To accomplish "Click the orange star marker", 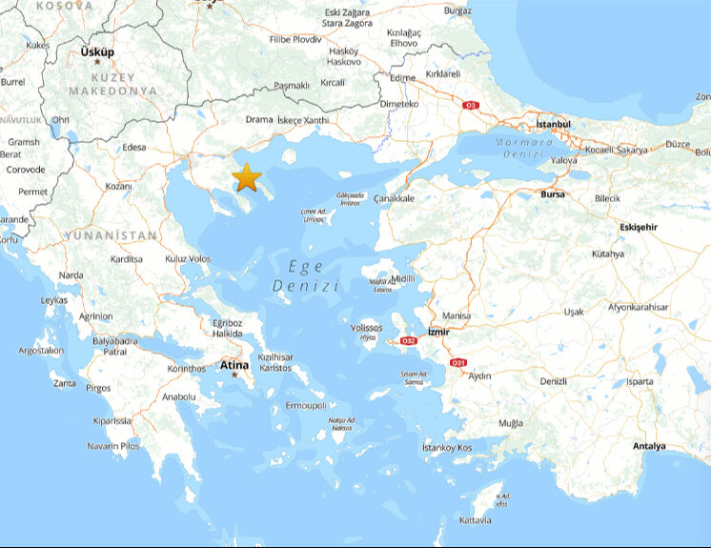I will click(x=247, y=176).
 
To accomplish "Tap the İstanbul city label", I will click(x=553, y=124).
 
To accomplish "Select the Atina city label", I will click(x=234, y=365).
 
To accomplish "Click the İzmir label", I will click(x=437, y=332).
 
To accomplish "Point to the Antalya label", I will click(x=649, y=446).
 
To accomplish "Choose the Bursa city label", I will click(x=552, y=194).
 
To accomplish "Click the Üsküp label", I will click(x=97, y=51).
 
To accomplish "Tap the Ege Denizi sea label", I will click(x=305, y=276).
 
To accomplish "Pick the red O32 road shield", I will click(x=409, y=340).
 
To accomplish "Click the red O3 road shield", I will click(x=470, y=105).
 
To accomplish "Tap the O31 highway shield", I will click(x=457, y=362).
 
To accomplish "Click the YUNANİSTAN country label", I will click(x=111, y=234).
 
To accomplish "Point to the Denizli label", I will click(x=553, y=381).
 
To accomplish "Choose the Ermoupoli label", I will click(x=299, y=405).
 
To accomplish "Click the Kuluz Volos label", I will click(x=188, y=258).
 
